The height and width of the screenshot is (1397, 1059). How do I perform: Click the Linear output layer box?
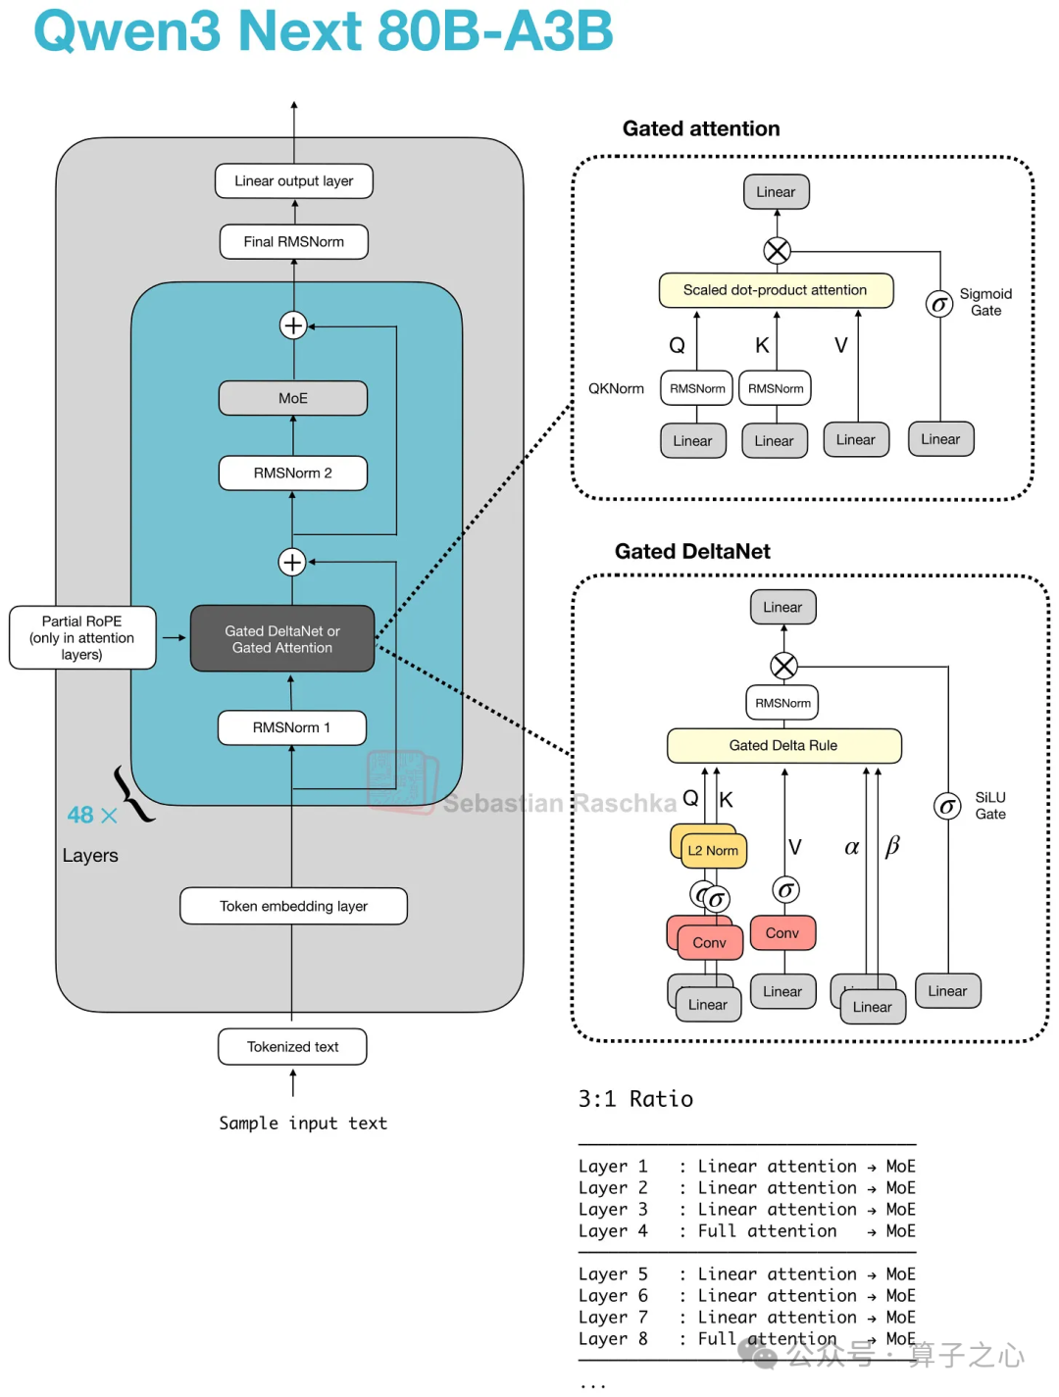click(x=293, y=180)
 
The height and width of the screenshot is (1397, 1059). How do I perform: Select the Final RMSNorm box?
click(x=293, y=242)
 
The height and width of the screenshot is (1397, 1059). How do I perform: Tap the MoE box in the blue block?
click(x=293, y=398)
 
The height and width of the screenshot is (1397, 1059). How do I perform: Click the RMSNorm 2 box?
click(x=293, y=473)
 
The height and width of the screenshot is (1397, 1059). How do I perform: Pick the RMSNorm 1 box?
click(x=291, y=727)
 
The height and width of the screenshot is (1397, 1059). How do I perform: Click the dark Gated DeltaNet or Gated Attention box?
click(x=282, y=639)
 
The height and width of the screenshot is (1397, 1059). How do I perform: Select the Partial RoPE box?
click(x=82, y=638)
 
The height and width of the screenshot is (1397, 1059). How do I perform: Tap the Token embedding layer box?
click(x=293, y=906)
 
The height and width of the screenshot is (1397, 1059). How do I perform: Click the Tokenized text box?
click(x=292, y=1047)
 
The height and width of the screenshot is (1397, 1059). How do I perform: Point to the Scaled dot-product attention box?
click(x=776, y=290)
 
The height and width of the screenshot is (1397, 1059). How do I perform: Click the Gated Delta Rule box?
click(x=784, y=745)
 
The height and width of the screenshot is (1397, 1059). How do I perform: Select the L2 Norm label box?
click(x=714, y=851)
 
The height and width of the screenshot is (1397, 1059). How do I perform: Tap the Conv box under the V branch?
click(x=782, y=933)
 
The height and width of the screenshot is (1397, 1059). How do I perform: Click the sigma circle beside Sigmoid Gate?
click(x=939, y=304)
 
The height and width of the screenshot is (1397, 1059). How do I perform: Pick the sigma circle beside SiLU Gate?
click(x=947, y=807)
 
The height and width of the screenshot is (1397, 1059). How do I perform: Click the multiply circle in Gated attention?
click(x=777, y=251)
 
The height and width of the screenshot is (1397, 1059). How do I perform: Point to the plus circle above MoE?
click(x=293, y=325)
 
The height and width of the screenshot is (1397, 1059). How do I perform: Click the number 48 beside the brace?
click(x=80, y=816)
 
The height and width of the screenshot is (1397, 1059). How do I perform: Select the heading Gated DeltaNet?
click(x=692, y=551)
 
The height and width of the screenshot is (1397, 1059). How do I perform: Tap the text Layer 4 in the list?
click(x=613, y=1231)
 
